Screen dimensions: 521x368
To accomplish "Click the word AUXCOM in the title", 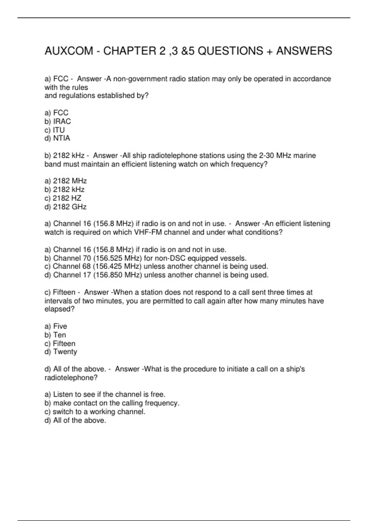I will pos(69,51).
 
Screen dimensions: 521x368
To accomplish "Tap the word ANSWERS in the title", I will pos(304,51).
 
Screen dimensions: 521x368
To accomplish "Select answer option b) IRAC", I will pos(58,121).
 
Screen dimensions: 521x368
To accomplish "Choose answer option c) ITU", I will pos(55,130).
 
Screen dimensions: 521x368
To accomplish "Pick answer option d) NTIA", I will pos(57,138).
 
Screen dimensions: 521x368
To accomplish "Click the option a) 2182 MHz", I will pos(66,181).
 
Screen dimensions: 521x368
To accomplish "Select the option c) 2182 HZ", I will pos(63,198).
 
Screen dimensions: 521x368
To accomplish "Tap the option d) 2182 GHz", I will pos(65,207).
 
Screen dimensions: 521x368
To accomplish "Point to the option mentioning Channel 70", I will pos(145,258).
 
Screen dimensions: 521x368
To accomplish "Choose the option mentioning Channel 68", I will pos(156,266).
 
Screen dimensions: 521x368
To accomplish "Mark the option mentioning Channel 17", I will pos(156,275).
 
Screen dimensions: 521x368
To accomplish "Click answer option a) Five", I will pos(56,326).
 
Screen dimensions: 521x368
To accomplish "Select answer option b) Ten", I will pos(55,335).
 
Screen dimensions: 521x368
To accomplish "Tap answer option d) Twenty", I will pos(61,352).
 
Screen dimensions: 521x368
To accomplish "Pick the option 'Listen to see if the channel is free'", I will pos(105,394).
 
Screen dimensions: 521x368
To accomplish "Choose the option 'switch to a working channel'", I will pos(95,412).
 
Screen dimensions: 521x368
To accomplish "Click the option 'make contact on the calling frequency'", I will pos(112,403).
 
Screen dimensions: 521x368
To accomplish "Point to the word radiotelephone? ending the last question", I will pos(71,378).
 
